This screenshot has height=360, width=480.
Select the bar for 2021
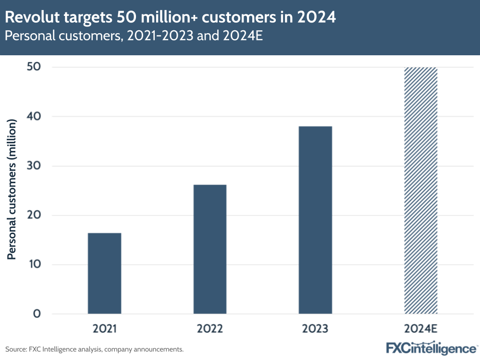click(104, 273)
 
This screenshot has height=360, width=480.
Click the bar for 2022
click(210, 249)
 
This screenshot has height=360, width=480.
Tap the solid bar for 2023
click(315, 220)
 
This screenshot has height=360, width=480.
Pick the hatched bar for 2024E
click(421, 190)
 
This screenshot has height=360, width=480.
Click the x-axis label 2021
click(104, 329)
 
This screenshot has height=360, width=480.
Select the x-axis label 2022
click(210, 329)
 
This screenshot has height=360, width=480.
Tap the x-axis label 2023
click(315, 329)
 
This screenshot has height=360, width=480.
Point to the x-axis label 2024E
click(421, 329)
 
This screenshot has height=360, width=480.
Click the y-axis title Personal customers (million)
click(12, 190)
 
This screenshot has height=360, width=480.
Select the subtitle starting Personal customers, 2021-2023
click(134, 37)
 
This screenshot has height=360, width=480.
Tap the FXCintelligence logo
click(431, 348)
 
